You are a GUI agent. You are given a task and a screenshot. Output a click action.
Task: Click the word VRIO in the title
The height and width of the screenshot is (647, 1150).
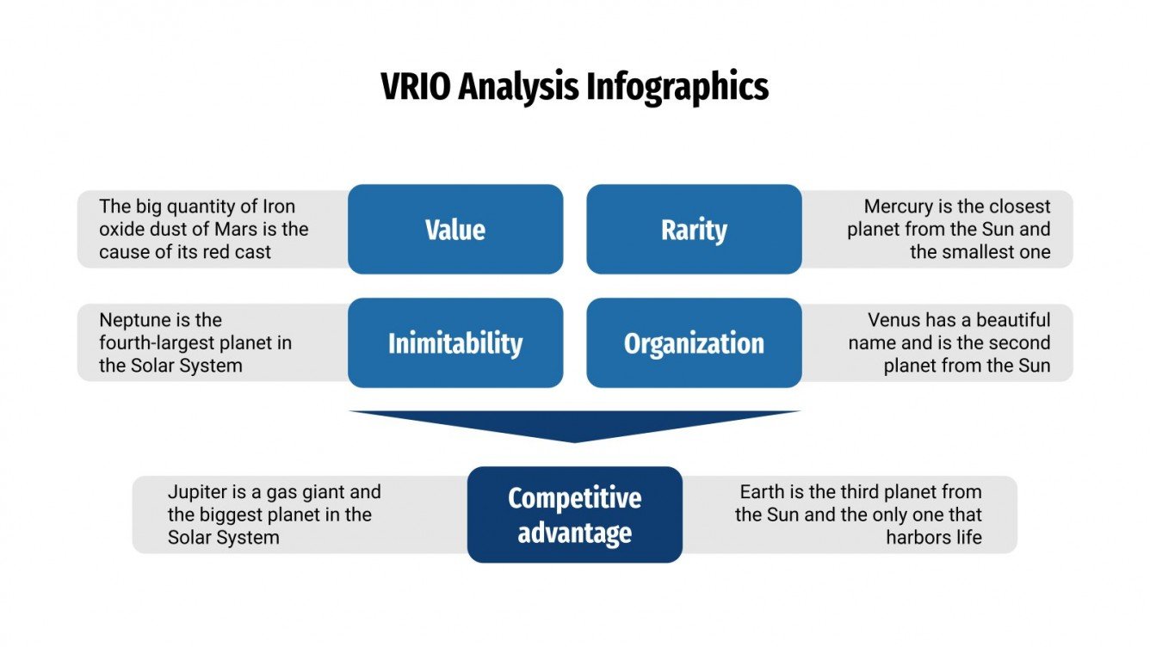coord(416,88)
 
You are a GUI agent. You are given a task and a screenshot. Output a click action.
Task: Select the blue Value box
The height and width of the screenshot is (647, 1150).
coord(455,230)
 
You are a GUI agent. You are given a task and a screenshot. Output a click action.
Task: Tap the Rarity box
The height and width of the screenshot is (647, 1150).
coord(694,230)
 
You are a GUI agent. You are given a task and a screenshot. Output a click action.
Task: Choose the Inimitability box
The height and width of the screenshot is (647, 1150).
coord(455,343)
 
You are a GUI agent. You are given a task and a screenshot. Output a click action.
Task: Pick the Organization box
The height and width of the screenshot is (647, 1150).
coord(694,343)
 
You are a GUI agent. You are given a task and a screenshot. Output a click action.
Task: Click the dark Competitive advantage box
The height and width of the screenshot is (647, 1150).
coord(574,515)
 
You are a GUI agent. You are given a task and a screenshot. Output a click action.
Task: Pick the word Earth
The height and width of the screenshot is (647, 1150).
coord(764,492)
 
